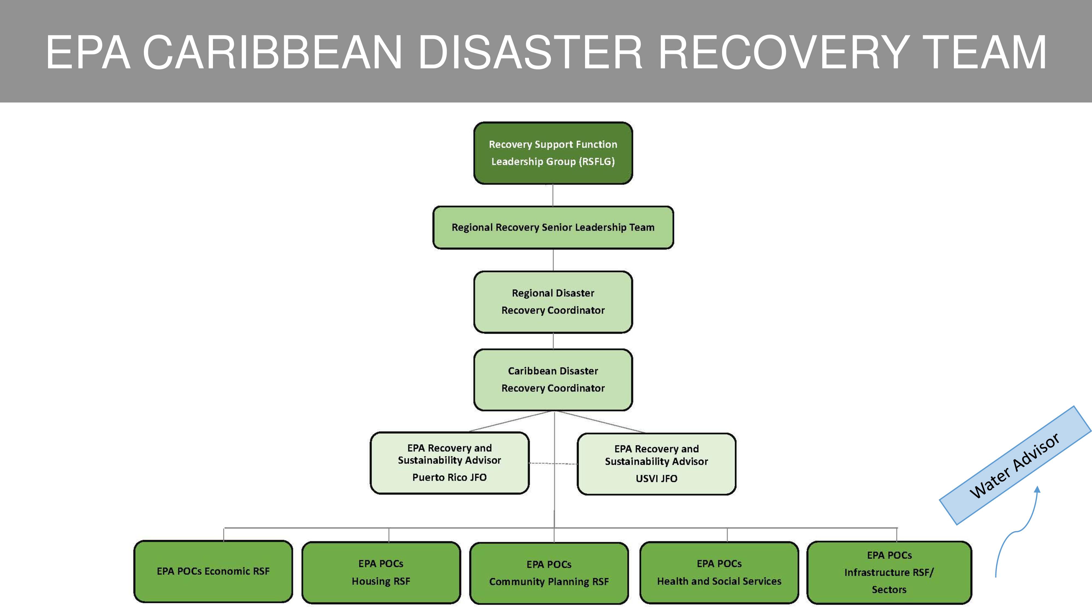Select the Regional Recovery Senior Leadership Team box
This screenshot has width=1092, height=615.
(x=553, y=227)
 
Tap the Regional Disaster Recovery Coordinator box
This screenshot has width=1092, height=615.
(x=553, y=302)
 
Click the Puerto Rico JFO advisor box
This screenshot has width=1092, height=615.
(x=449, y=463)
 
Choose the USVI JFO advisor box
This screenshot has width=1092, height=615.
(x=656, y=464)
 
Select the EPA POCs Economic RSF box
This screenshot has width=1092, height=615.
(x=213, y=571)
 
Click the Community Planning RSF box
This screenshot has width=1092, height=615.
(x=549, y=573)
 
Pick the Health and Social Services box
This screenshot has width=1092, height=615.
(x=719, y=573)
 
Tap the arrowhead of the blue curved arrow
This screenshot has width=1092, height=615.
(x=1037, y=489)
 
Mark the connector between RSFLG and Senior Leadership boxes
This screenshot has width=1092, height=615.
(x=553, y=195)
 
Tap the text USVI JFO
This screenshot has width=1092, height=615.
(x=656, y=478)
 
